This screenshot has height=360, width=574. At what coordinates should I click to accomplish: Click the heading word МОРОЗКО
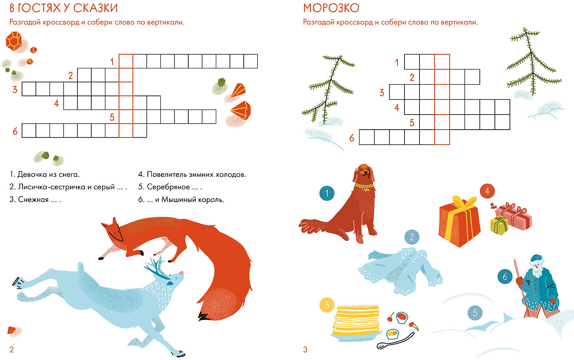tap(331, 8)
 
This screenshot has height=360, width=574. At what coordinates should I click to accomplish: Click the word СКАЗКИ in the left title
tap(95, 8)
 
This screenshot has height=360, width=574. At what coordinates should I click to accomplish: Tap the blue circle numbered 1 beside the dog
tap(327, 193)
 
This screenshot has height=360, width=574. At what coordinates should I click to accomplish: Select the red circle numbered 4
tap(487, 191)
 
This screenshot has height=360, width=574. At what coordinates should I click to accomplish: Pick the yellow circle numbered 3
tap(327, 305)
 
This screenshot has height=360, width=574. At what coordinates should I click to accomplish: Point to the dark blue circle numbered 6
tap(505, 276)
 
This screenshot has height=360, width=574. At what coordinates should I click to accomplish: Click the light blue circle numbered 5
tap(475, 312)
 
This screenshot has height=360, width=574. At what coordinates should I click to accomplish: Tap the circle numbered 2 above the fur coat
tap(412, 237)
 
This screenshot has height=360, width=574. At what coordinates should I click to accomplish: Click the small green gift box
tap(499, 226)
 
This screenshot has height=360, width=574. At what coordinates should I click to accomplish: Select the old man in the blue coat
tap(537, 286)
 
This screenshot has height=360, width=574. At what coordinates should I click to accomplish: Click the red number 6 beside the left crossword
tap(15, 131)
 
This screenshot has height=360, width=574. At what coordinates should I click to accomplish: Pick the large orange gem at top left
tap(14, 41)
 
